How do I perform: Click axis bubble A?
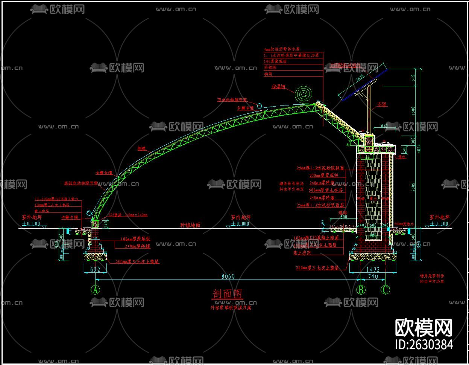click(95, 290)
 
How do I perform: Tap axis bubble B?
click(361, 290)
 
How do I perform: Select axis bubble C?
click(386, 290)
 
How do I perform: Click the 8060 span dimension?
click(228, 276)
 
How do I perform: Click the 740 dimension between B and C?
click(373, 276)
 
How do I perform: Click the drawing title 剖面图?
click(228, 294)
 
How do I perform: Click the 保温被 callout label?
click(278, 87)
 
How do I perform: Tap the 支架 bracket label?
click(382, 104)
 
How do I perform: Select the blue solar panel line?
click(364, 85)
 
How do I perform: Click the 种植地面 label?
click(190, 225)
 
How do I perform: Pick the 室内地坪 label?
click(240, 217)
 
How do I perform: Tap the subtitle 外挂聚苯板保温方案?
click(231, 307)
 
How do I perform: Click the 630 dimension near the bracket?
click(384, 125)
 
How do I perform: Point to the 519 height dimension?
click(413, 78)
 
